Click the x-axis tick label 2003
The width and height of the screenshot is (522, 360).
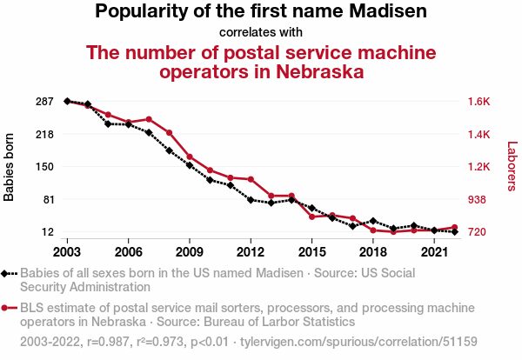point(67,251)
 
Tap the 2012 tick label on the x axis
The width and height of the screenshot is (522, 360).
point(251,251)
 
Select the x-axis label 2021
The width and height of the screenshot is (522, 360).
point(434,251)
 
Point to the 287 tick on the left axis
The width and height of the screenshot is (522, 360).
point(46,102)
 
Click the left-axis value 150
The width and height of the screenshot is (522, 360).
point(46,167)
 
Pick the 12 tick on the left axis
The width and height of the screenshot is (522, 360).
point(50,232)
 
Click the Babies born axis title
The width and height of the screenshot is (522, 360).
point(10,167)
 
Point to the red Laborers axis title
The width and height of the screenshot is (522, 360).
point(512,167)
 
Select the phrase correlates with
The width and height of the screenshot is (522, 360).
point(261,32)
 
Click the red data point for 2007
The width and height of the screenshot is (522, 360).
point(149,119)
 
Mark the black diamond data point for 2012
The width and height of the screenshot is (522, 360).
point(251,200)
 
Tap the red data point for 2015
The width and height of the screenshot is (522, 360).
point(311,217)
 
